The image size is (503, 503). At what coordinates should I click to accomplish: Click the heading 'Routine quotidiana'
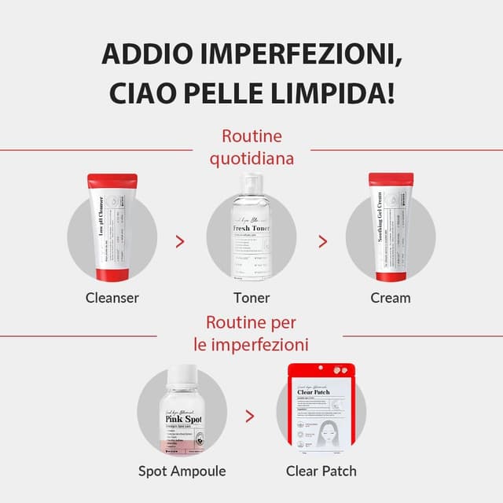point(251,147)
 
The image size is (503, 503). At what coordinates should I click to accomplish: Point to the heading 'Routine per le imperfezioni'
point(251,333)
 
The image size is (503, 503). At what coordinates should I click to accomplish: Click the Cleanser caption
point(112,298)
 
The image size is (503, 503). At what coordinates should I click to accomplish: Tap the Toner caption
point(251,298)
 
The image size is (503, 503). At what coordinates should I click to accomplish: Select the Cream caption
point(391,298)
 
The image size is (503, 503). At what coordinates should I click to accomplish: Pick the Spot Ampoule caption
point(182,471)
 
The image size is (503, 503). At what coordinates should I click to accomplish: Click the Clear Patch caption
point(321,471)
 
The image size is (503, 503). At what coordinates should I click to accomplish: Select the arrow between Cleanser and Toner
point(181,240)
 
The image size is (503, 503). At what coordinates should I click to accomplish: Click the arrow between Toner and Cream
point(321,240)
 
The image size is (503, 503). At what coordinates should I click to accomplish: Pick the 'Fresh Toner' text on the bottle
point(252,229)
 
